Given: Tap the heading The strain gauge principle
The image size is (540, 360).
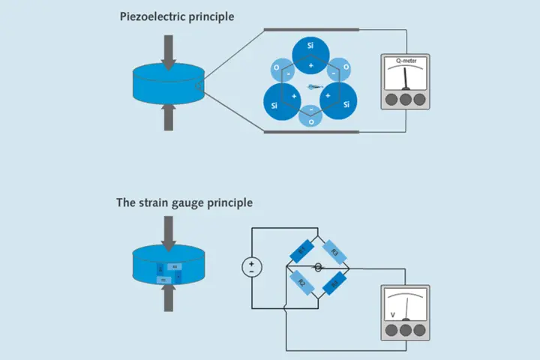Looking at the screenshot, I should tap(184, 202).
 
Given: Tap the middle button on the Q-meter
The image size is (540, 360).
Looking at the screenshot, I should tap(404, 99).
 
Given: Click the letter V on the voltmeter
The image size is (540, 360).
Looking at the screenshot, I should tap(391, 314).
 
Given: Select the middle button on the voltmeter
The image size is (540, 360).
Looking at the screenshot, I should tap(404, 328).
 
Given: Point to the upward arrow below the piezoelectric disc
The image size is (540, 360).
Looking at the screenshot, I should tap(169, 117).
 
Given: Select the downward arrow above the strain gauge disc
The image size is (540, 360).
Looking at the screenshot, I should tap(168, 232).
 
